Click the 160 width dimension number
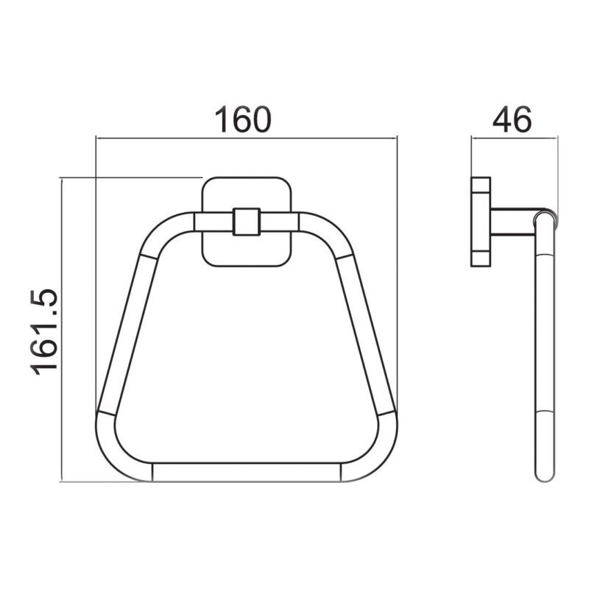coord(242,119)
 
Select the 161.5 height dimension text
coord(45,332)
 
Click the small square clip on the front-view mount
coord(247,222)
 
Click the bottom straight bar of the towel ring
coord(247,472)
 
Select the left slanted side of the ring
coord(127,334)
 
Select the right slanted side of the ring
coord(366,334)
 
